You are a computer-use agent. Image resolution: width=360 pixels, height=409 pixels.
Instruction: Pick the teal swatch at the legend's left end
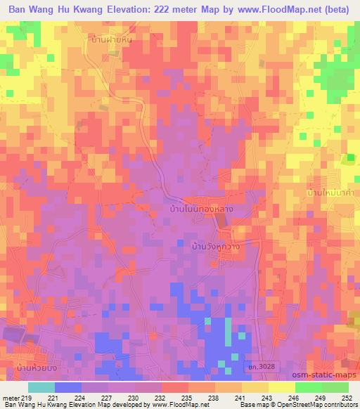pyautogui.click(x=41, y=387)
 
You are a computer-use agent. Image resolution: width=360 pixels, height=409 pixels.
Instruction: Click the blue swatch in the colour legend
pyautogui.click(x=68, y=387)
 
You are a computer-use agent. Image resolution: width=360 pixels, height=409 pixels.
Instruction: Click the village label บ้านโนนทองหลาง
pyautogui.click(x=202, y=209)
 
